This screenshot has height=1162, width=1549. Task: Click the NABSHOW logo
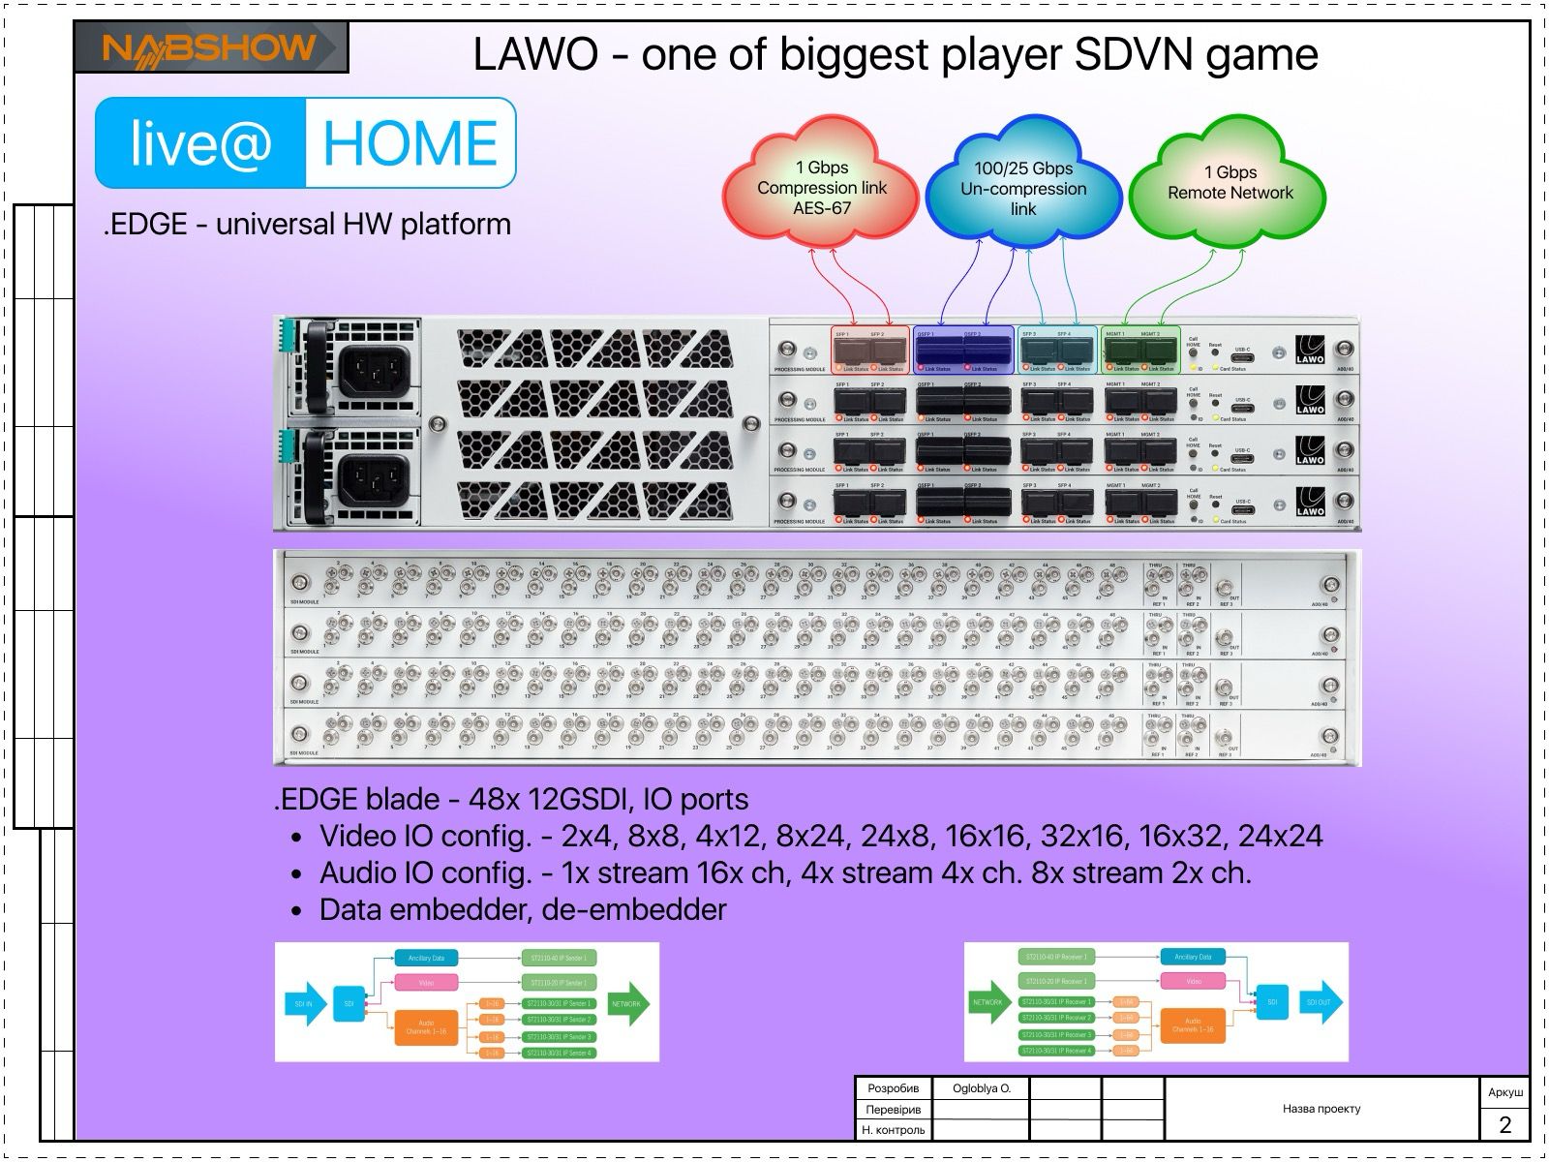(210, 47)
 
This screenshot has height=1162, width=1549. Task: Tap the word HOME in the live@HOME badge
(410, 143)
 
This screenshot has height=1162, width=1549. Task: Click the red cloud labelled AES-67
(821, 187)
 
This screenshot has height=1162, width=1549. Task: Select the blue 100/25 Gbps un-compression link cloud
(1022, 187)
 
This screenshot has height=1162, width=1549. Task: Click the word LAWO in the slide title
(535, 55)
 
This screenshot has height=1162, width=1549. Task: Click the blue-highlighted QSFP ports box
(963, 351)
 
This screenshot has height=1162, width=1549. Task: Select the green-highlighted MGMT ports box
(1140, 351)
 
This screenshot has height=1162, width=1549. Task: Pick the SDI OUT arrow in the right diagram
(1321, 1003)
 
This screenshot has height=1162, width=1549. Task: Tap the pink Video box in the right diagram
(1193, 981)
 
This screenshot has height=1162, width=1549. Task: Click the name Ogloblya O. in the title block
(982, 1088)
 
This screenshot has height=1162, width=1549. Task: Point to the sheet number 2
(1504, 1124)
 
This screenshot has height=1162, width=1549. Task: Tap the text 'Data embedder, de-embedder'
(523, 909)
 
